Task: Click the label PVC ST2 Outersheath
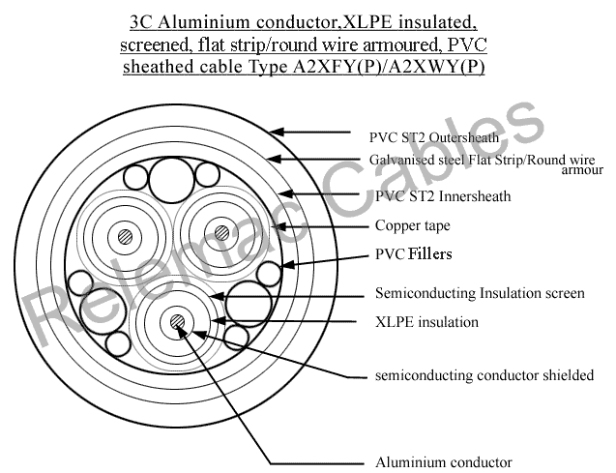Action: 433,137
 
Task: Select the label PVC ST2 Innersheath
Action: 443,196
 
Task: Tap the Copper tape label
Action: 413,225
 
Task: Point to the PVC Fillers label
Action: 413,253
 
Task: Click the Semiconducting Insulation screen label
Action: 480,293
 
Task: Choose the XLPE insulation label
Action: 426,322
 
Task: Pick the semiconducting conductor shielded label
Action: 484,375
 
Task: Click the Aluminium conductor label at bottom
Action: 444,462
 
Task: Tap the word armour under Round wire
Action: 582,170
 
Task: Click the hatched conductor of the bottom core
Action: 177,322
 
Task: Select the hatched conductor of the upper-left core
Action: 125,237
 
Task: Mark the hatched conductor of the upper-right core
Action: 221,233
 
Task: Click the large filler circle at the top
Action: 172,180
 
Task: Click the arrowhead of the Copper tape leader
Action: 282,226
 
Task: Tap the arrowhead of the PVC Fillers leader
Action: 288,264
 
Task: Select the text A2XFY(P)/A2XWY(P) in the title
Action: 389,67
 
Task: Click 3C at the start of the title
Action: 140,22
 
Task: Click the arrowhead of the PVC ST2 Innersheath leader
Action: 285,193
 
